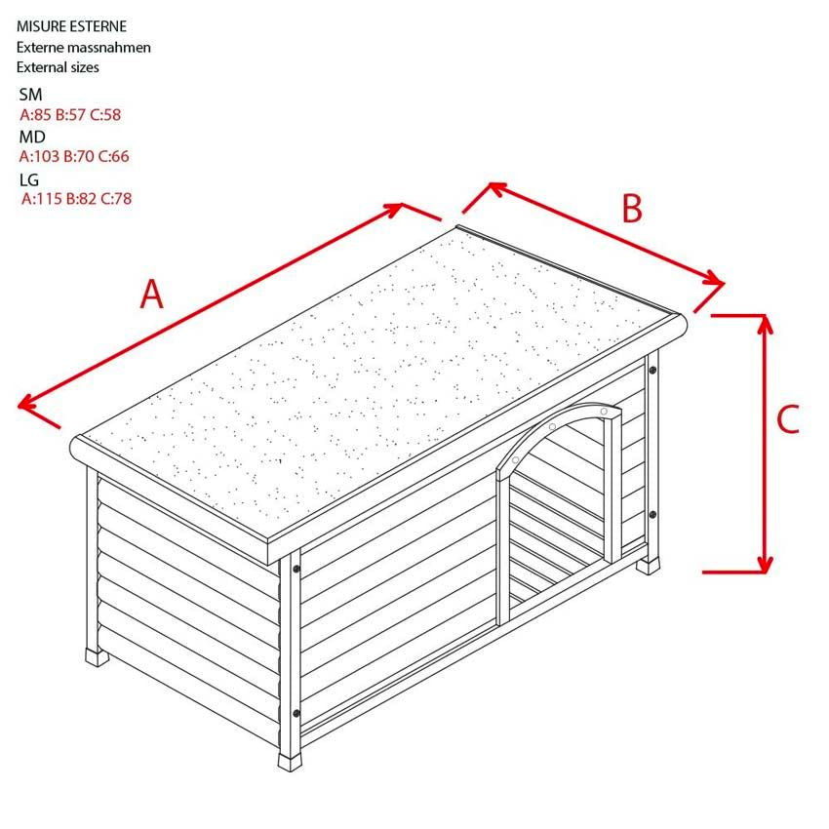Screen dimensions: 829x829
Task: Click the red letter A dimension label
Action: tap(152, 294)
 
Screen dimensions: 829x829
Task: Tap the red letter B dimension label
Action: tap(632, 209)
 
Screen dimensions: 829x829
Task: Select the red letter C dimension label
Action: tap(788, 419)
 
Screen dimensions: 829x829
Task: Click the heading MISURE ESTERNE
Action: tap(71, 26)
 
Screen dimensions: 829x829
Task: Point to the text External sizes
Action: tap(58, 67)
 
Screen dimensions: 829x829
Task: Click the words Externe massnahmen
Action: tap(84, 47)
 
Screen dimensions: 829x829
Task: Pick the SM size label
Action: tap(30, 95)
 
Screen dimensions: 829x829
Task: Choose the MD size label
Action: tap(32, 137)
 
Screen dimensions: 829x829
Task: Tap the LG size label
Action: tap(29, 179)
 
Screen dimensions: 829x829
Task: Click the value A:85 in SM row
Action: tap(35, 115)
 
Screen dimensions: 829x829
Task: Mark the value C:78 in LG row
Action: tap(116, 199)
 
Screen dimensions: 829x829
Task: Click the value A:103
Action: tap(39, 156)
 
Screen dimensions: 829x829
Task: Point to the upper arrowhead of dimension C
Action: tap(765, 324)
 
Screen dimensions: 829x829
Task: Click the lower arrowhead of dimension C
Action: tap(765, 564)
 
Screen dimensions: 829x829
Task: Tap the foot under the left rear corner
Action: tap(97, 657)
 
